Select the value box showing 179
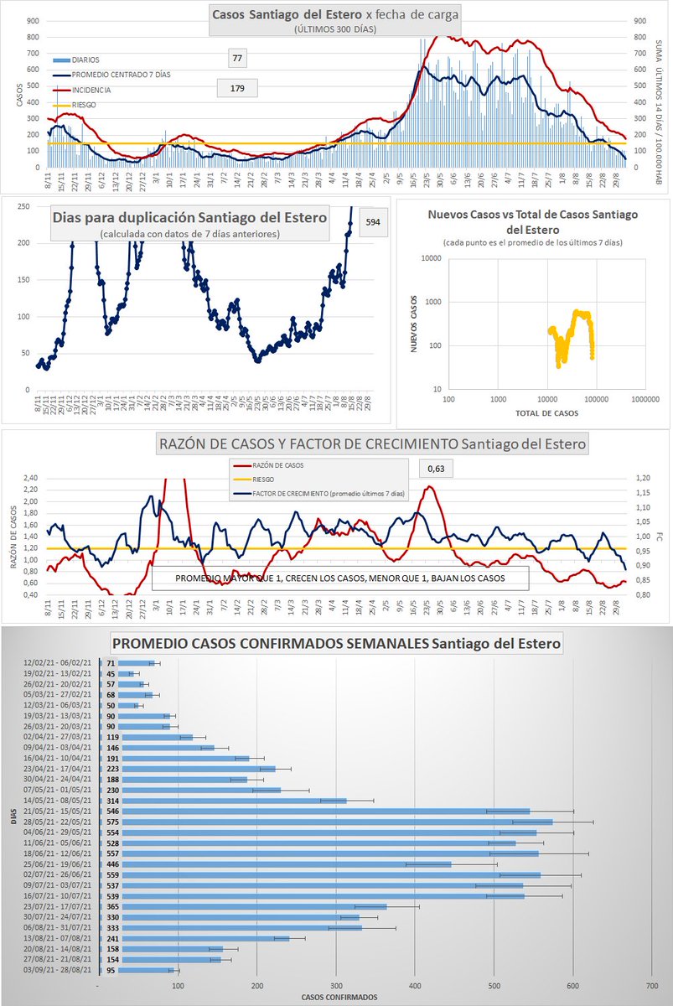236,88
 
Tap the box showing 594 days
373,222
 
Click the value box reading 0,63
435,469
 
